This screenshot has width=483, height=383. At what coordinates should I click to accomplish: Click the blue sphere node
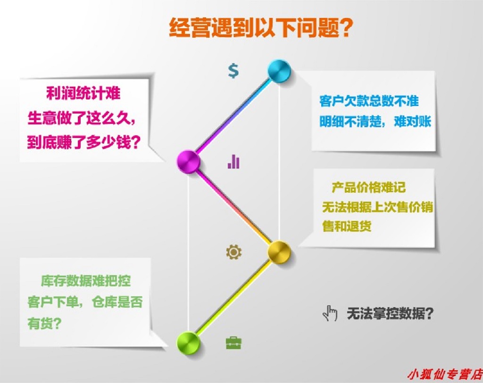(x=279, y=71)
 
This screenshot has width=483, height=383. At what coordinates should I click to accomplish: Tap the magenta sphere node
(x=188, y=162)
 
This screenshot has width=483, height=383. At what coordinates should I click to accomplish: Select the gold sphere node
(x=279, y=252)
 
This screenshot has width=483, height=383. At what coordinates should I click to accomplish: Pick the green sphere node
(x=188, y=343)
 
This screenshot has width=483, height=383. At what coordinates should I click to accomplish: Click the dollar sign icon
(x=233, y=71)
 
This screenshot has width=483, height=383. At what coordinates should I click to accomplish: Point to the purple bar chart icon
(x=233, y=162)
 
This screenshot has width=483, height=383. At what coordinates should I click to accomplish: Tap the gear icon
(x=234, y=252)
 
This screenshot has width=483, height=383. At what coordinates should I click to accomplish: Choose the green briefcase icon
(x=234, y=342)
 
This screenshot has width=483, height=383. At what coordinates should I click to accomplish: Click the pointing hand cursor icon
(x=330, y=313)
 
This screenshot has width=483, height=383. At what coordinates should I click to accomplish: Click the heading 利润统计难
(x=83, y=93)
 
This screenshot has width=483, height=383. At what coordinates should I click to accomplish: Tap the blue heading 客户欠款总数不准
(x=369, y=101)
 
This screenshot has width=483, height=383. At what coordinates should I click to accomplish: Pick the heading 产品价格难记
(x=368, y=187)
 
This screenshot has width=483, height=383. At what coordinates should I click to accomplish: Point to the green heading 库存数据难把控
(x=86, y=281)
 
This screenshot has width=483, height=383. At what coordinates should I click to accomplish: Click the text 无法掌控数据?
(x=390, y=313)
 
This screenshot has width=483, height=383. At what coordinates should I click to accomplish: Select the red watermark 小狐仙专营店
(x=445, y=375)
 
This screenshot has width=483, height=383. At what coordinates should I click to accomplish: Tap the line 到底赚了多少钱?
(x=84, y=142)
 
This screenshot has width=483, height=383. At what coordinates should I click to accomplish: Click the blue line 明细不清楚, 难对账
(x=375, y=122)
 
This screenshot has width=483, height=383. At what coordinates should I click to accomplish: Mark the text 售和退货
(x=347, y=226)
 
